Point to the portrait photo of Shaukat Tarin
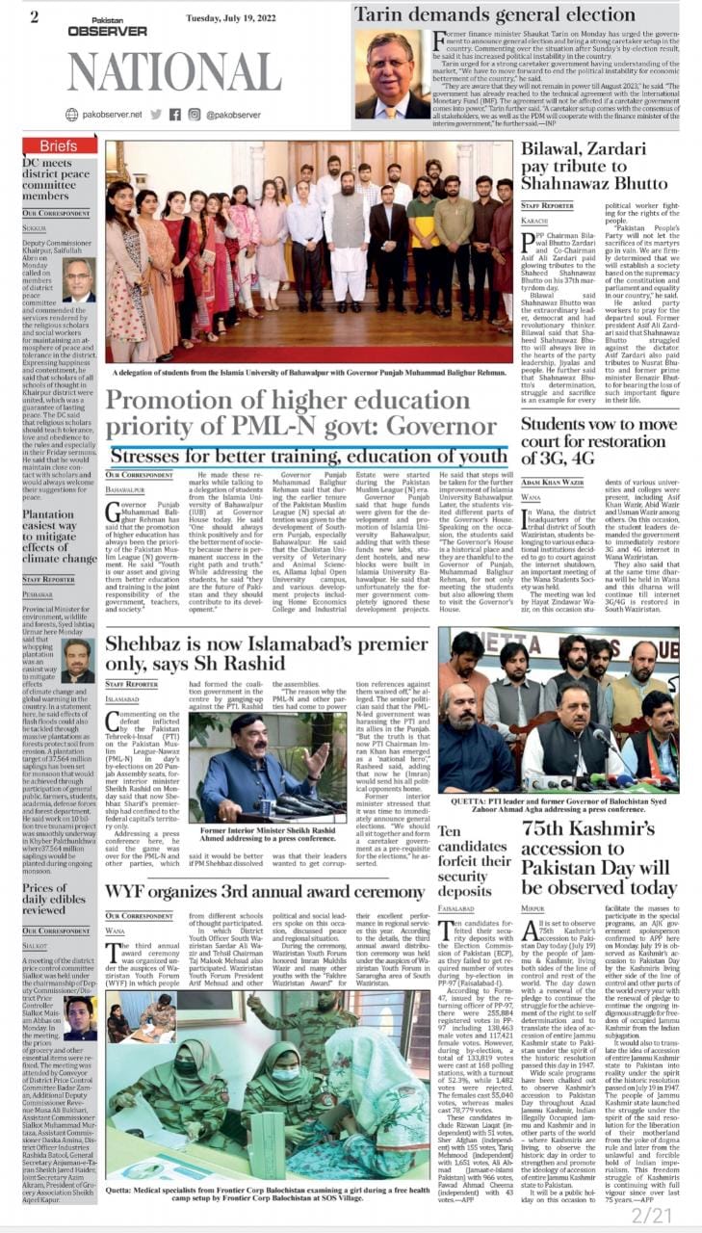pos(392,73)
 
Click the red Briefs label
pos(59,145)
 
